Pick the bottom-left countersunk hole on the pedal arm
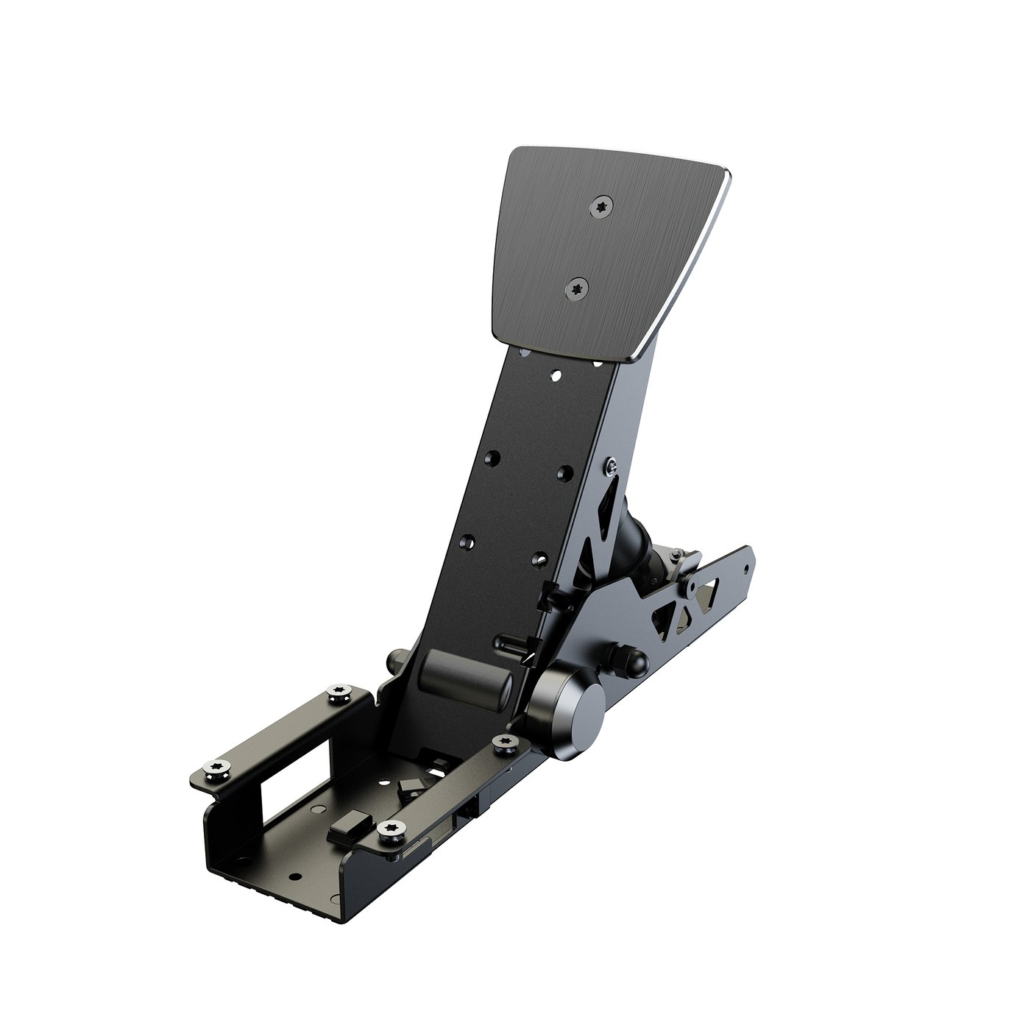click(x=466, y=542)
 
